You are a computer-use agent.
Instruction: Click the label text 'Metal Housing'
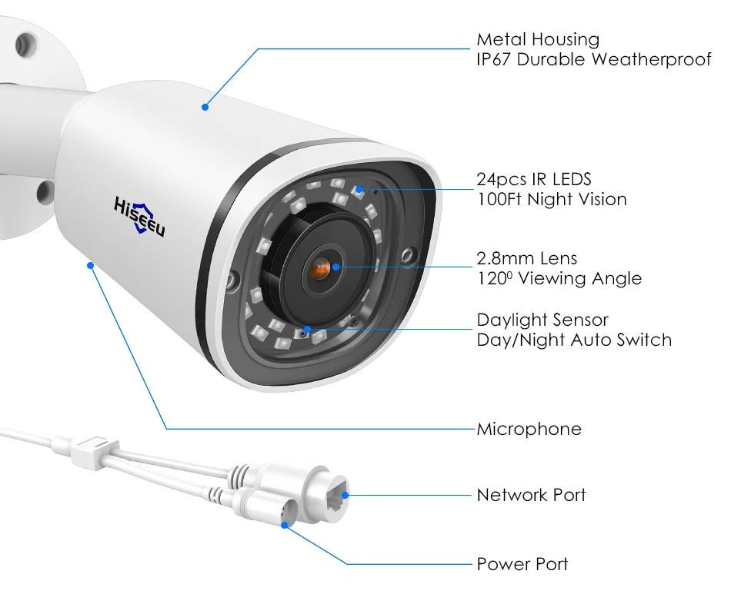[537, 39]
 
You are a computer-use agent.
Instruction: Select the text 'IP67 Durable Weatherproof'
[593, 59]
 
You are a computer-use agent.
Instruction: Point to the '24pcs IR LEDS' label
[534, 179]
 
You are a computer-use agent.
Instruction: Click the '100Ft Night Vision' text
[552, 199]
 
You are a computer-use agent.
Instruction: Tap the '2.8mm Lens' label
[526, 258]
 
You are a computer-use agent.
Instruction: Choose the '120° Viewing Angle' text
[559, 278]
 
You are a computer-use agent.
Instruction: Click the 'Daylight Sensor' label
[542, 320]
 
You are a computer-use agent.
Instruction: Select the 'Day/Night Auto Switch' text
[574, 340]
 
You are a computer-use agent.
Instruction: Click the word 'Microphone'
[529, 429]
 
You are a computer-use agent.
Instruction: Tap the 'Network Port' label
[531, 495]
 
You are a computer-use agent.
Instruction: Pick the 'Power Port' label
[522, 564]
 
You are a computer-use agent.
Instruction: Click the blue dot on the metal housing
[205, 108]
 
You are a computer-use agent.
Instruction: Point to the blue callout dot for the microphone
[91, 265]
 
